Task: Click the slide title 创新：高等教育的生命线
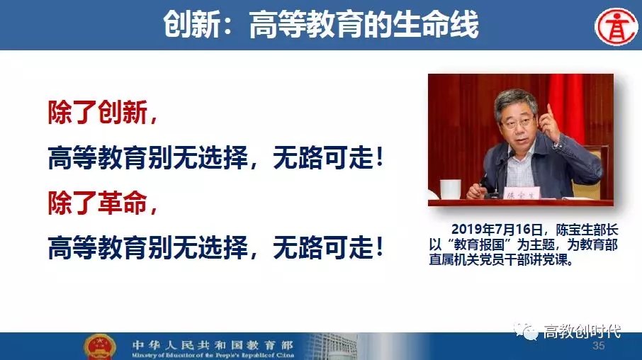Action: point(320,24)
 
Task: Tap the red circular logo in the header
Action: point(616,27)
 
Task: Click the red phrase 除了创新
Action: point(98,112)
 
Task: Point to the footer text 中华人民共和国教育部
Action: point(213,345)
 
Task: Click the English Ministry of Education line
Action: point(213,355)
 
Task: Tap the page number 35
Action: point(598,346)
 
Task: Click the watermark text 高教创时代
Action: point(582,331)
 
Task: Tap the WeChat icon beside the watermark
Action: point(526,331)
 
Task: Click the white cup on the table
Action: point(451,189)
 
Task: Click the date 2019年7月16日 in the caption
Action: point(497,230)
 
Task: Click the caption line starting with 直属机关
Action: point(501,259)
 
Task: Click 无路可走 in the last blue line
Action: point(322,247)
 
